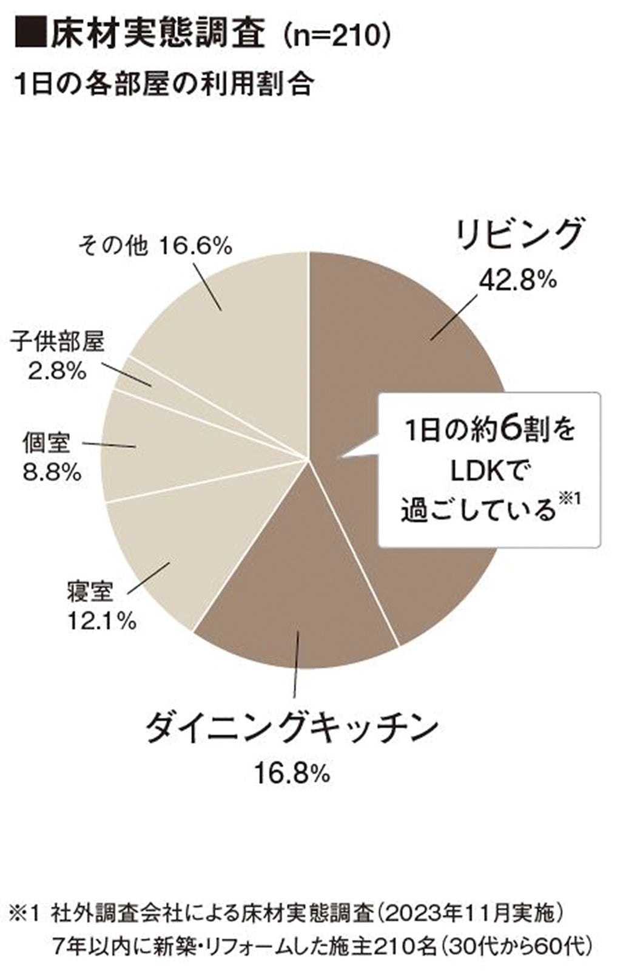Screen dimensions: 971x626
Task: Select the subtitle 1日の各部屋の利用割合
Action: [164, 84]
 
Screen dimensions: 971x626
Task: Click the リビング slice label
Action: [520, 234]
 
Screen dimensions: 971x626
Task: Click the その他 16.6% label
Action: [155, 246]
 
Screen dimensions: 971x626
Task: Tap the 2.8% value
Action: [57, 371]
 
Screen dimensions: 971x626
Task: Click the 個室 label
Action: [46, 444]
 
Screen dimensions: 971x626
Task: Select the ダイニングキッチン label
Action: [292, 726]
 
